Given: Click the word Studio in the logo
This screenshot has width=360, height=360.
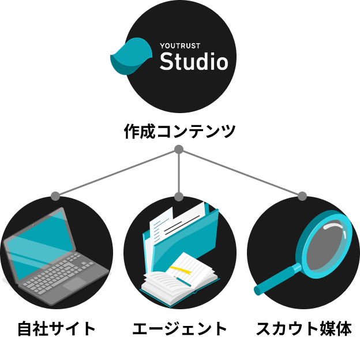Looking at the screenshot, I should pos(193,61).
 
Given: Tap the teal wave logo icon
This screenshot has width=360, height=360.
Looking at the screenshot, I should pos(131,56).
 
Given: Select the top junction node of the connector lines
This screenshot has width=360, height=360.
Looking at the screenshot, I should pos(179,149).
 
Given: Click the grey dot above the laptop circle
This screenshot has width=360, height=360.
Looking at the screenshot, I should pos(55,196).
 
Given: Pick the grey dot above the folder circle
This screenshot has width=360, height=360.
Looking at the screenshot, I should pos(179,197).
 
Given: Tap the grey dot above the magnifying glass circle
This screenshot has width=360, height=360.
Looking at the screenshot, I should pos(302,196).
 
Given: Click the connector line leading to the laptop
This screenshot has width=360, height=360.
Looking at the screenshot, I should pos(115,173).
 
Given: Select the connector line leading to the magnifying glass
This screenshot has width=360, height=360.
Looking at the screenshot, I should pos(242,173).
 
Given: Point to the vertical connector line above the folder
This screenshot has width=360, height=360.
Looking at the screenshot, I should pos(179,173).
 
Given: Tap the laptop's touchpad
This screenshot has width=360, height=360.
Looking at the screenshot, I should pos(74,284).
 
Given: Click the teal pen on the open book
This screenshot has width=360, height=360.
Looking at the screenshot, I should pos(183,281).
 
